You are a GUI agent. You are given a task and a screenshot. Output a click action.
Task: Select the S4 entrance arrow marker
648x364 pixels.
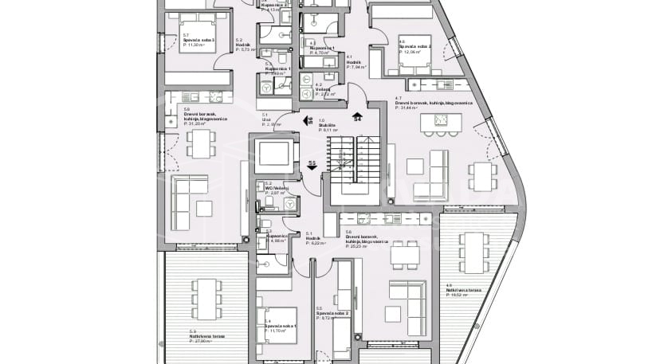(x=358, y=118)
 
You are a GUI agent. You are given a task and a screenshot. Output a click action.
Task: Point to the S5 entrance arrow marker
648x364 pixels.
(x=312, y=165)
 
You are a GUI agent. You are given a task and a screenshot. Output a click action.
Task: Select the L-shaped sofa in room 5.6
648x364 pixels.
(x=406, y=299)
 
